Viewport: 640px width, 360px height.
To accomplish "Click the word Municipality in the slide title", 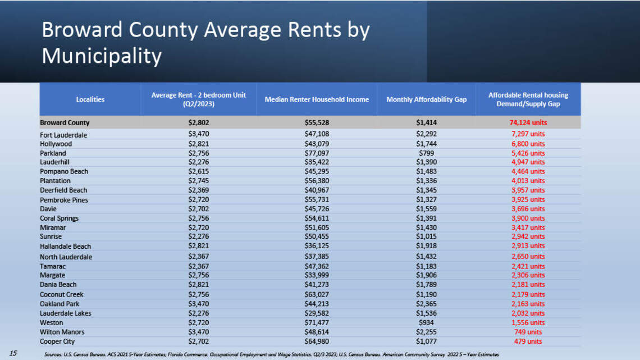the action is [x=102, y=56].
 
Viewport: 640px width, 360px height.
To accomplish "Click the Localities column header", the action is [x=90, y=99].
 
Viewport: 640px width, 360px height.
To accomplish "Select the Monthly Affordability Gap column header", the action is [x=427, y=99].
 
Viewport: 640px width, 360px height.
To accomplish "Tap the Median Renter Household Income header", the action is [x=317, y=99].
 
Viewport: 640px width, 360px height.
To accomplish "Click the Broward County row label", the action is [x=65, y=122].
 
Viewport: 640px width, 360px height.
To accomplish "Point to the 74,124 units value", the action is [x=528, y=122].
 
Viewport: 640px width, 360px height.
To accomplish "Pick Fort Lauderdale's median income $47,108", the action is [x=317, y=134].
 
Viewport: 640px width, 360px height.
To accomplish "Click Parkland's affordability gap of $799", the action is [x=427, y=153].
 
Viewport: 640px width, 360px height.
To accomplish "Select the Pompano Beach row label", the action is [x=64, y=171].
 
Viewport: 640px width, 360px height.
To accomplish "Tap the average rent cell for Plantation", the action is [x=198, y=180].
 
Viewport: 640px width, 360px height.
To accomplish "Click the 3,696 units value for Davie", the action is [x=528, y=208].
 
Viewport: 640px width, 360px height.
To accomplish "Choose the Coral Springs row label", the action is [x=59, y=218].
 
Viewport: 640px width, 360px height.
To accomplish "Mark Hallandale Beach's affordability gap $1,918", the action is [x=427, y=246].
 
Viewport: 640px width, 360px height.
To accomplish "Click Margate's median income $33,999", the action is [x=317, y=275].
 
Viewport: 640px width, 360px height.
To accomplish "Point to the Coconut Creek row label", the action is [x=62, y=294].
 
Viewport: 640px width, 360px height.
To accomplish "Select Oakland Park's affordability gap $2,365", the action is [x=427, y=304].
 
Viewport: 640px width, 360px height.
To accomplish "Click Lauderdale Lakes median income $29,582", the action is [x=317, y=313].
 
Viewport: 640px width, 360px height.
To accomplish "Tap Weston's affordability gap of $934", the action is [x=427, y=322].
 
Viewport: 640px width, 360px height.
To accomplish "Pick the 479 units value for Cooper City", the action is [x=528, y=341].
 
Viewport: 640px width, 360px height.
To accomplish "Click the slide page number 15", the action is [x=13, y=353].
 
